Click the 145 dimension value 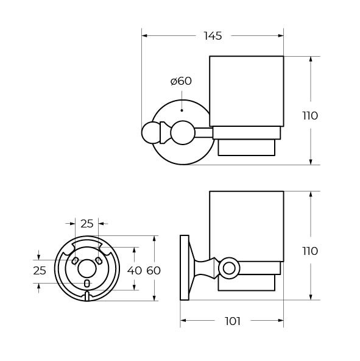click(x=213, y=36)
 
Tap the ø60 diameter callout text click(x=181, y=81)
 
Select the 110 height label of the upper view click(x=310, y=116)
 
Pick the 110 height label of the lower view click(x=310, y=251)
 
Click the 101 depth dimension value click(x=233, y=321)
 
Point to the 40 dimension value click(x=135, y=271)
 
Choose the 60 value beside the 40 click(x=154, y=271)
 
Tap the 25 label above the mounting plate click(x=87, y=224)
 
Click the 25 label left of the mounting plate click(x=40, y=271)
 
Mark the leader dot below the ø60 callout click(x=182, y=110)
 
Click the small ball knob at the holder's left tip click(x=150, y=132)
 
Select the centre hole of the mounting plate click(x=87, y=269)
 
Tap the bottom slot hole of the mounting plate click(x=86, y=284)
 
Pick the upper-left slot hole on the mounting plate click(x=75, y=261)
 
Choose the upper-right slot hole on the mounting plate click(x=99, y=261)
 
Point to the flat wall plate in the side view click(x=184, y=268)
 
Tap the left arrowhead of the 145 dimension click(x=144, y=36)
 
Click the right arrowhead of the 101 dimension click(x=281, y=321)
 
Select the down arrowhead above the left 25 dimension click(x=38, y=257)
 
